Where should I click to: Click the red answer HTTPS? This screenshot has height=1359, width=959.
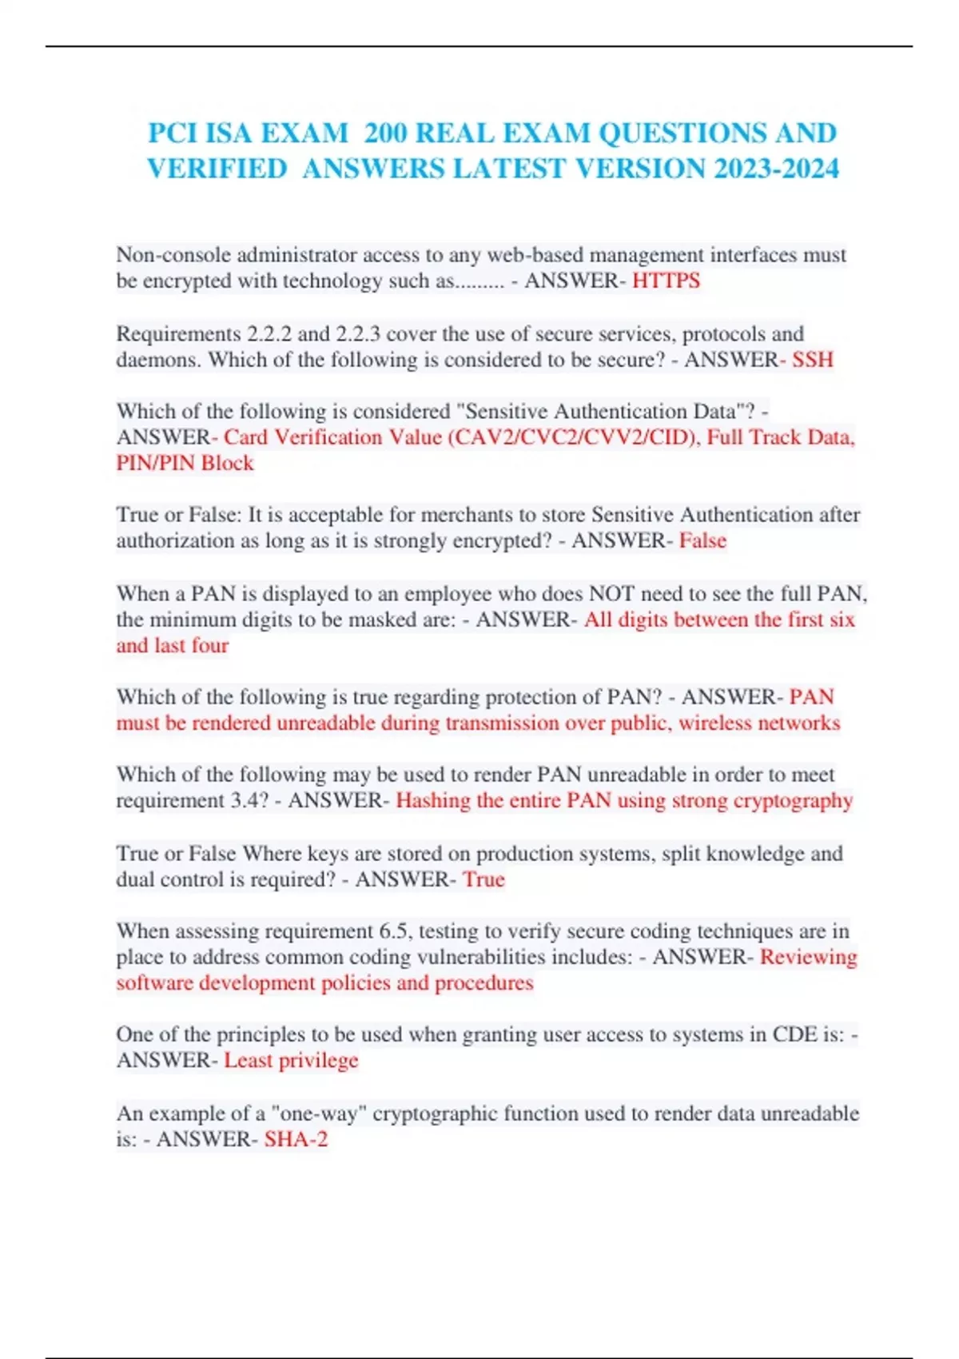[x=666, y=281]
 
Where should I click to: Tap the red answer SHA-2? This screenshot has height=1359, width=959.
[x=296, y=1139]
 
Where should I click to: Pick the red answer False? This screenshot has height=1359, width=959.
[x=702, y=541]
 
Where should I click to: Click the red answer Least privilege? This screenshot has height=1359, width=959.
[x=291, y=1061]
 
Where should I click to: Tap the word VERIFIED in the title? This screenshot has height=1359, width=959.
[x=217, y=169]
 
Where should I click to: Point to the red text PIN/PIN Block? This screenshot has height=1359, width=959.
[x=185, y=463]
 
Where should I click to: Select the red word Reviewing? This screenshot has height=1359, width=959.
[x=808, y=957]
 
